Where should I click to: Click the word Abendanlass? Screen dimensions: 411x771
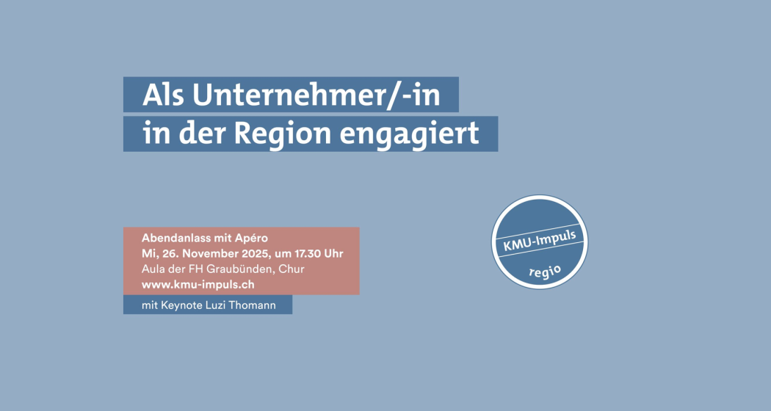174,239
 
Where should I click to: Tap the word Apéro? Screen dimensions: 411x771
252,239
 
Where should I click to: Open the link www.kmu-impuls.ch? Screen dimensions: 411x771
198,283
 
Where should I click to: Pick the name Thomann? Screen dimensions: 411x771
253,305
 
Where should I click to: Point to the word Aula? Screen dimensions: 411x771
153,269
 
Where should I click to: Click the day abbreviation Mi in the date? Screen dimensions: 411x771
148,254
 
